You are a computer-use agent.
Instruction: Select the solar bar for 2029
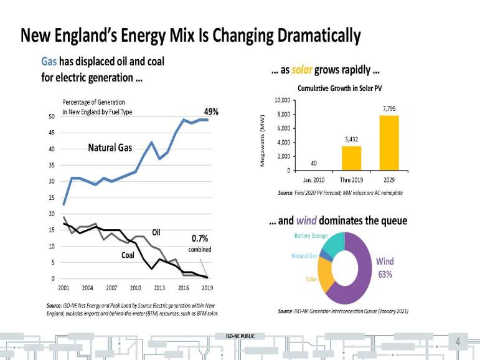(389, 143)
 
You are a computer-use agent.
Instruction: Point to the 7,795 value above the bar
(389, 108)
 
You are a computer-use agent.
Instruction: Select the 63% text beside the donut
(384, 274)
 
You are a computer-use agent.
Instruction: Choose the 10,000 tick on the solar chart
(282, 100)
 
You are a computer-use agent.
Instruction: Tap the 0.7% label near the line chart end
(199, 238)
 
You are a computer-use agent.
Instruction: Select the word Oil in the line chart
(157, 233)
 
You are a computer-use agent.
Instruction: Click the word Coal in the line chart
(128, 255)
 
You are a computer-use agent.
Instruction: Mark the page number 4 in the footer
(458, 342)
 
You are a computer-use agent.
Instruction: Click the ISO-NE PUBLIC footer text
(240, 337)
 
